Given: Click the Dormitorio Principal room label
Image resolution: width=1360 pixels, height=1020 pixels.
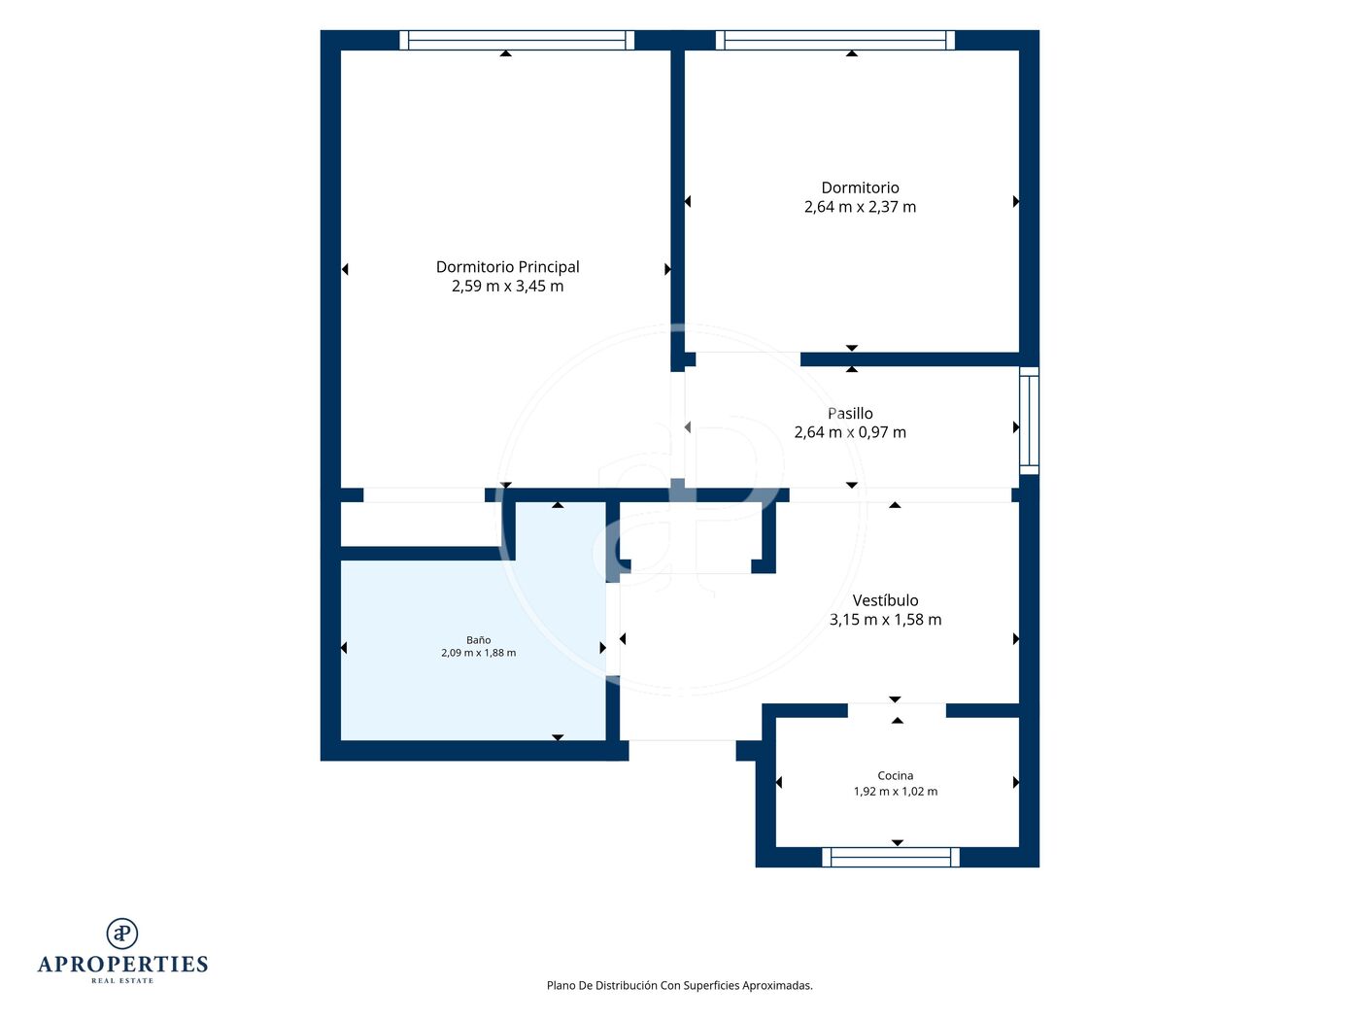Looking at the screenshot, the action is pyautogui.click(x=507, y=267).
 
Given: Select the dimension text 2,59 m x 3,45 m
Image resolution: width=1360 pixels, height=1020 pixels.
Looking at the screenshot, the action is pyautogui.click(x=507, y=287).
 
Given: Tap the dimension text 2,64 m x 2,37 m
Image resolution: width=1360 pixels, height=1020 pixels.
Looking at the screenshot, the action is pyautogui.click(x=860, y=207).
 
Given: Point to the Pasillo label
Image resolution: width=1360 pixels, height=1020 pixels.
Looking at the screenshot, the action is pyautogui.click(x=850, y=413).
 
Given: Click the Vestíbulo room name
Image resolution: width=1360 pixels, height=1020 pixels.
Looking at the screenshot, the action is pyautogui.click(x=885, y=600).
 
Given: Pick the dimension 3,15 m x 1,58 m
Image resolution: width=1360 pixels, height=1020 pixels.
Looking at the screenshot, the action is pyautogui.click(x=885, y=620).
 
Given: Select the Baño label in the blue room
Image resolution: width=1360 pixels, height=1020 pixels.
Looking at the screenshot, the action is pyautogui.click(x=478, y=640).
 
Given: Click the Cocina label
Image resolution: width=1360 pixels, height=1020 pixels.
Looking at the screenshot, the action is pyautogui.click(x=896, y=775).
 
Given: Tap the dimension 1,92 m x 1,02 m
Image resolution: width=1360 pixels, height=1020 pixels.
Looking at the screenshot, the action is pyautogui.click(x=896, y=791).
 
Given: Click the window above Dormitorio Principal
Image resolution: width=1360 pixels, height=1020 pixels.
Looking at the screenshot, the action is pyautogui.click(x=517, y=40).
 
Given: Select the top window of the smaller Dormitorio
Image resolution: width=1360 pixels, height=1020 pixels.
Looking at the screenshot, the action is pyautogui.click(x=835, y=40).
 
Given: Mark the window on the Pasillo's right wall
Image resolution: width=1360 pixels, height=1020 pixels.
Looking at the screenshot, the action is pyautogui.click(x=1029, y=421).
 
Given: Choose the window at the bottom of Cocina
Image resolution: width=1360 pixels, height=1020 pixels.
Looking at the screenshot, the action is pyautogui.click(x=891, y=857).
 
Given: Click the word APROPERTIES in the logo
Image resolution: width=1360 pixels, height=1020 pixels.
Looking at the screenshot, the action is pyautogui.click(x=122, y=965).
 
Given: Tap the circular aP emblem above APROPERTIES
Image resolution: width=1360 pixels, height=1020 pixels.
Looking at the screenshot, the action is pyautogui.click(x=122, y=934).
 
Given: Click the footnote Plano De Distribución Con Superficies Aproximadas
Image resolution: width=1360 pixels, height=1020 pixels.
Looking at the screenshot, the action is pyautogui.click(x=680, y=985).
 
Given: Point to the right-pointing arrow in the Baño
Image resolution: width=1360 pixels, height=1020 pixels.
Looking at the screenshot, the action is pyautogui.click(x=603, y=648).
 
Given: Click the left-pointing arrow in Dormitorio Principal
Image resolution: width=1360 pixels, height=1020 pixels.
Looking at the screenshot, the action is pyautogui.click(x=345, y=269).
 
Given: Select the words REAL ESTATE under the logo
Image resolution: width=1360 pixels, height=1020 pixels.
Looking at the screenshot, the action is pyautogui.click(x=122, y=981).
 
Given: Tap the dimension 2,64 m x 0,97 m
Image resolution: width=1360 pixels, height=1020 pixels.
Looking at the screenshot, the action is pyautogui.click(x=850, y=432).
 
